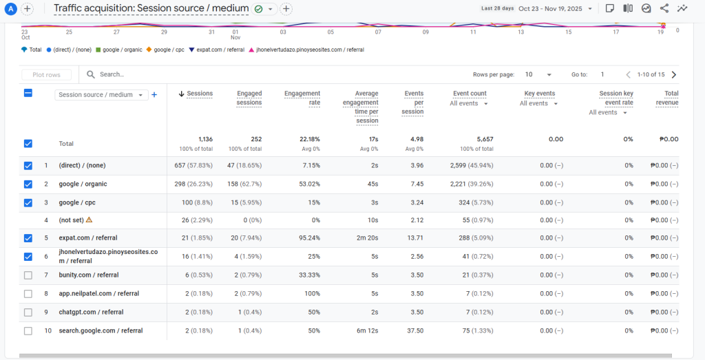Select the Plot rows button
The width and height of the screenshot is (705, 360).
(x=46, y=74)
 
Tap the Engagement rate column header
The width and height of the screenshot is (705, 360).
(x=302, y=98)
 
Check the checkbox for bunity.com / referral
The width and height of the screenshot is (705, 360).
(x=28, y=275)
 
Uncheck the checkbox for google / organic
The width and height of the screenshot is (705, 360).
(x=28, y=184)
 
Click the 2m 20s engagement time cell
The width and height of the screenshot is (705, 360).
(x=365, y=238)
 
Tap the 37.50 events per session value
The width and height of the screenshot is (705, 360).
(x=414, y=330)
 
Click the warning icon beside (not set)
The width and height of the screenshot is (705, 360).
(x=89, y=220)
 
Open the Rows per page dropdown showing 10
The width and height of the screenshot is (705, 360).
(x=538, y=74)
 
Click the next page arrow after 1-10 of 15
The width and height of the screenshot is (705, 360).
(x=673, y=74)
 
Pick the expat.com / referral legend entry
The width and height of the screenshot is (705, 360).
(x=220, y=50)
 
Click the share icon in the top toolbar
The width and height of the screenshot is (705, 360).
(x=664, y=8)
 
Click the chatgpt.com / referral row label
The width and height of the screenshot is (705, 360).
(x=91, y=312)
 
